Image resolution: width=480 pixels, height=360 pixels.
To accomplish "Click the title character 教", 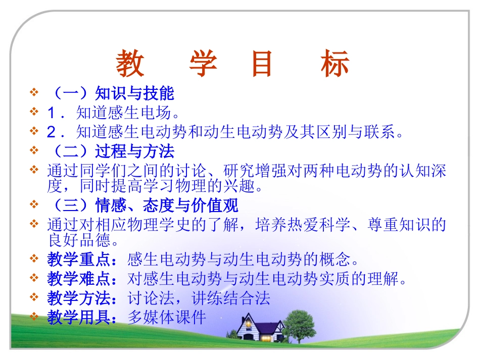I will point(130,64).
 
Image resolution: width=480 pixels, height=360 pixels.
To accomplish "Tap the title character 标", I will point(334,64).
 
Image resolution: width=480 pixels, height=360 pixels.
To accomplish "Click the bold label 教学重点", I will point(81,260).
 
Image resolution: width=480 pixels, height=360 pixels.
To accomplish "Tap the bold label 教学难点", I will point(81,279).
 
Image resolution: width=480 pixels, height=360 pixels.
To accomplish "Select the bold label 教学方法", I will point(81,298).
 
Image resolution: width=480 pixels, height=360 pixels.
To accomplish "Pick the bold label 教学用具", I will point(81,317).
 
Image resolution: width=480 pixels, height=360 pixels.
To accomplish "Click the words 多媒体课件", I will point(167,317).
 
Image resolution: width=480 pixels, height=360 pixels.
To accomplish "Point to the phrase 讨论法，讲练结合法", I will point(199,298).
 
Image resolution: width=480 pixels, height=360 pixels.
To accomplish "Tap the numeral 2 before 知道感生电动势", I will point(51,132).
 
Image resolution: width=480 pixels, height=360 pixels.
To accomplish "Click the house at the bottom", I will point(257,328).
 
